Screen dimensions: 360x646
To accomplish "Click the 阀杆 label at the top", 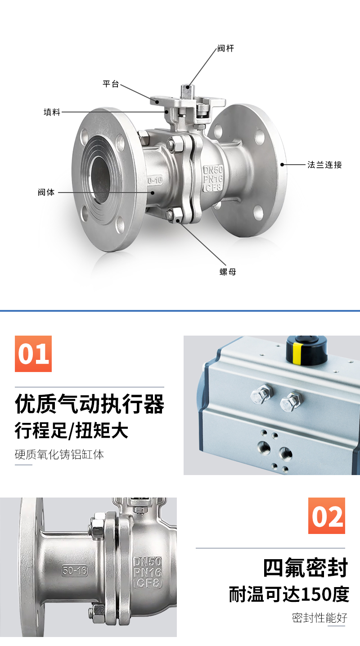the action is click(x=225, y=49).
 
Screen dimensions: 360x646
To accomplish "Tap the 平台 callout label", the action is click(x=111, y=84).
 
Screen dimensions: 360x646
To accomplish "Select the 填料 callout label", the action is click(x=52, y=112).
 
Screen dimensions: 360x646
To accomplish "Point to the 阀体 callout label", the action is click(x=46, y=192).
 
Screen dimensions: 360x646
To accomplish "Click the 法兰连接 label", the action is click(x=324, y=165).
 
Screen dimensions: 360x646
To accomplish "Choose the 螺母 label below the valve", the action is click(x=228, y=272).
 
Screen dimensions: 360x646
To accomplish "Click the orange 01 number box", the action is click(x=33, y=354).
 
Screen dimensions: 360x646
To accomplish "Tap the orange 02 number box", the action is click(x=327, y=516).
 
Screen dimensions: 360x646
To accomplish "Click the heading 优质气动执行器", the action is click(x=90, y=404).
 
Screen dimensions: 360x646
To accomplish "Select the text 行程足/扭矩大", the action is click(x=72, y=430).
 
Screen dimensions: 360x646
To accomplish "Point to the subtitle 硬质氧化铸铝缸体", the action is click(x=59, y=454).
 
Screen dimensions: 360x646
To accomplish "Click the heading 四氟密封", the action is click(x=306, y=568).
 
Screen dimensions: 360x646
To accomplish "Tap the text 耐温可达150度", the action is click(x=289, y=594).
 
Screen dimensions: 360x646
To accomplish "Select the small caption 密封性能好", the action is click(x=319, y=618).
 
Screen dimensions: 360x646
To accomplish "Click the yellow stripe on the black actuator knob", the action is click(x=297, y=354).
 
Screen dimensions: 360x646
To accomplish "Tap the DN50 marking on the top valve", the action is click(x=213, y=170).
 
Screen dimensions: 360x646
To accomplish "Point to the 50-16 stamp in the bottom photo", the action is click(x=75, y=570).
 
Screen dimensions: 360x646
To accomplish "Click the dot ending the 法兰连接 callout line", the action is click(x=283, y=165).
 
